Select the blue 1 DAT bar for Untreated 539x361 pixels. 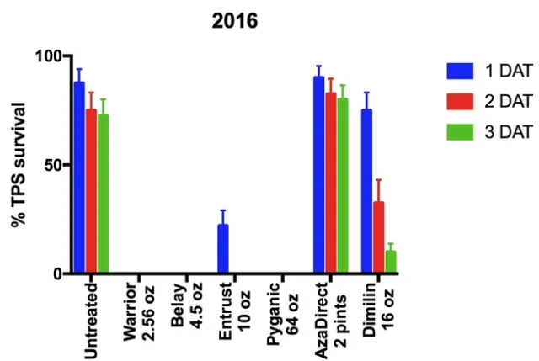[x=79, y=178]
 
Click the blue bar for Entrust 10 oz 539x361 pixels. [x=223, y=249]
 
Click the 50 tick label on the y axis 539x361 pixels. [x=55, y=165]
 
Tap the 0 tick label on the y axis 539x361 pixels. [x=59, y=274]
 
